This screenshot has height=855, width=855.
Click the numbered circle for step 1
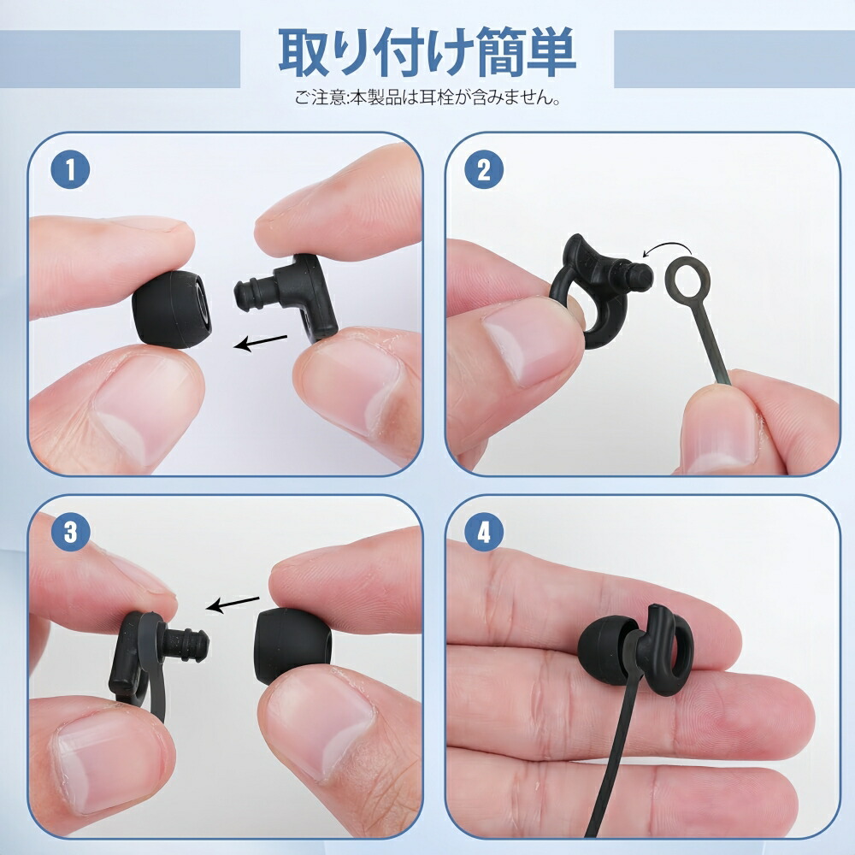(x=70, y=170)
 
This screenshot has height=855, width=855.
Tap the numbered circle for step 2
(x=484, y=170)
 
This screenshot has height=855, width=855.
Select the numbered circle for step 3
(x=70, y=532)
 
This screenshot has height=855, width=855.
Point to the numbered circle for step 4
(x=484, y=532)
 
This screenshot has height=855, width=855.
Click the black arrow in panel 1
(x=260, y=342)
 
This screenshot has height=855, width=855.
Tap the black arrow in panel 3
(x=233, y=604)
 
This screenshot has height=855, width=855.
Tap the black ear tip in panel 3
(x=292, y=646)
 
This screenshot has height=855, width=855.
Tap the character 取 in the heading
(x=306, y=53)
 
